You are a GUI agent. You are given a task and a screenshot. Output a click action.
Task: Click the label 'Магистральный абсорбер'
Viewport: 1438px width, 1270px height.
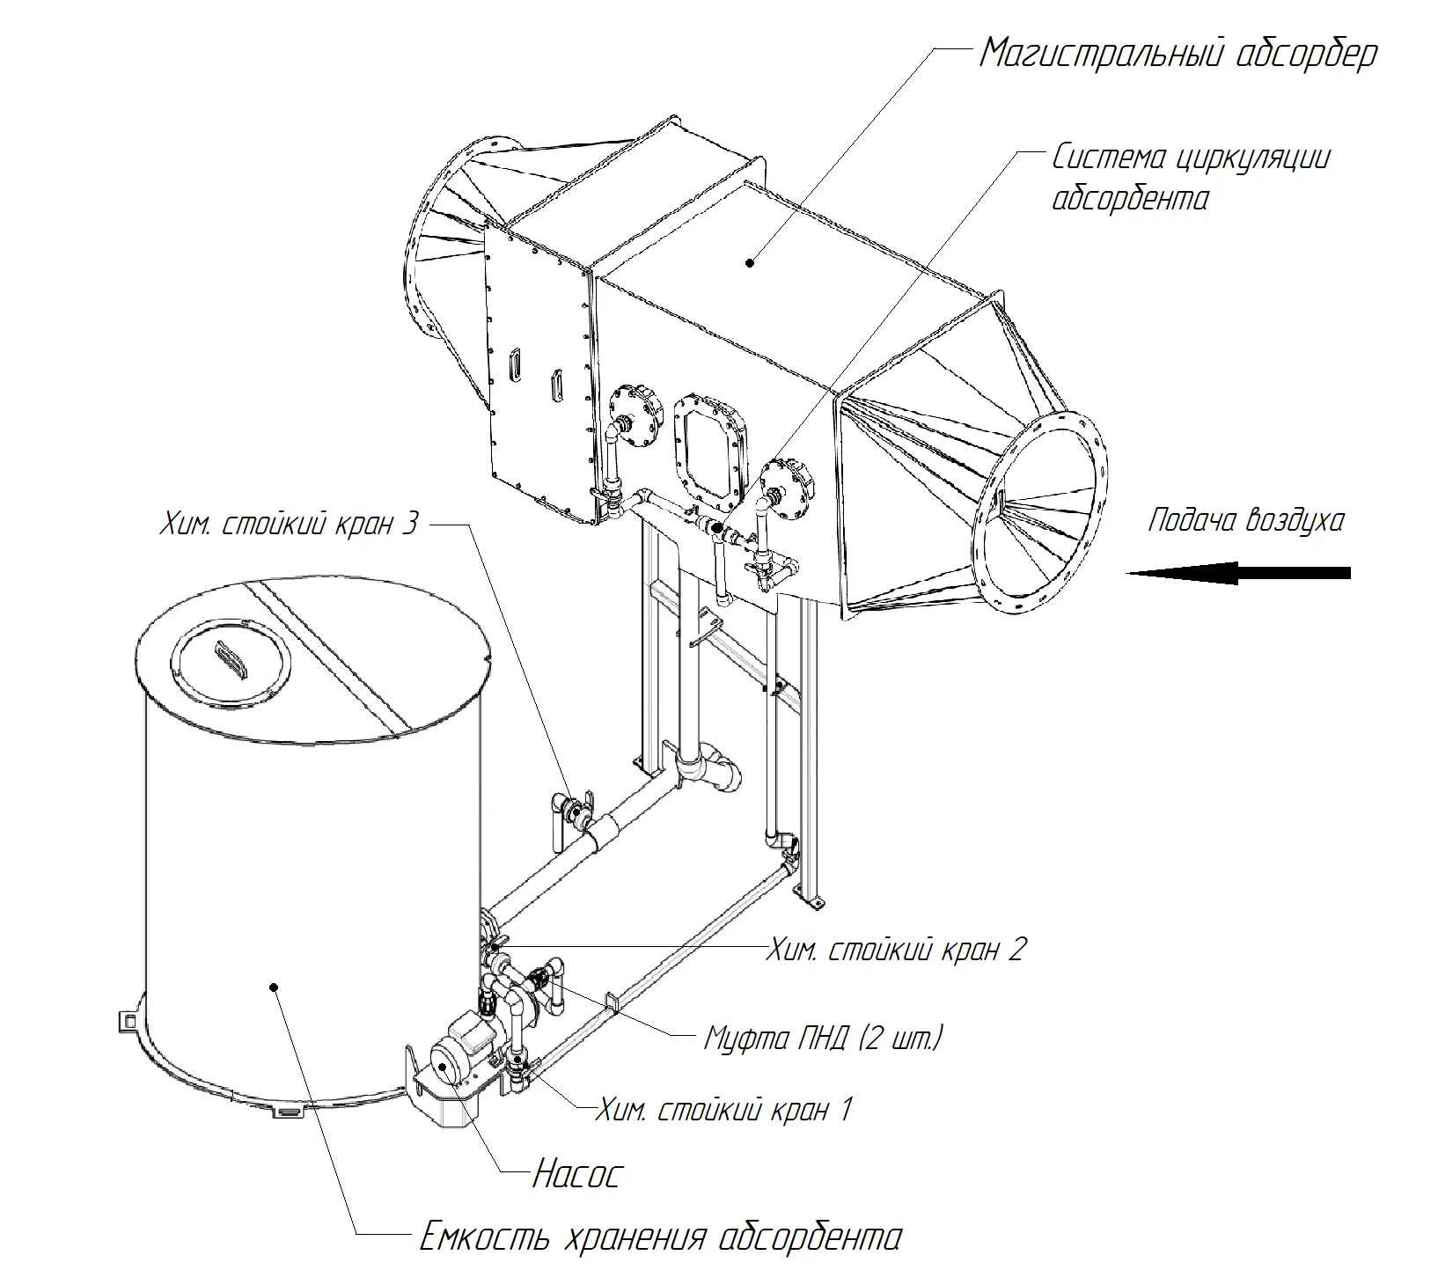coord(1178,55)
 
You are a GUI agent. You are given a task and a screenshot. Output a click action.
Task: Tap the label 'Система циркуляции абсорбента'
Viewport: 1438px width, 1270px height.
coord(1191,178)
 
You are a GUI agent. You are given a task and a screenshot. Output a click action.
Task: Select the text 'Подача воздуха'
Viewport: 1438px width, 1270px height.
coord(1245,520)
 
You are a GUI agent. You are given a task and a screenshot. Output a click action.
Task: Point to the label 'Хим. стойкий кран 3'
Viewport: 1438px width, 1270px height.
coord(288,525)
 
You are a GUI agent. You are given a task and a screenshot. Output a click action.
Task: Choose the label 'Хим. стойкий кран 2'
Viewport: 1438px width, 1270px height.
coord(895,950)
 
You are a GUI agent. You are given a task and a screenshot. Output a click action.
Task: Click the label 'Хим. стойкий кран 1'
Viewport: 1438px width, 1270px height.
coord(723,1109)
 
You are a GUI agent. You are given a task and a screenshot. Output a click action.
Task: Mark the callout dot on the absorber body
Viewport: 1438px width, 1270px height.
coord(750,261)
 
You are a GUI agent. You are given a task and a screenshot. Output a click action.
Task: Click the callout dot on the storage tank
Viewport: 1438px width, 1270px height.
coord(275,988)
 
